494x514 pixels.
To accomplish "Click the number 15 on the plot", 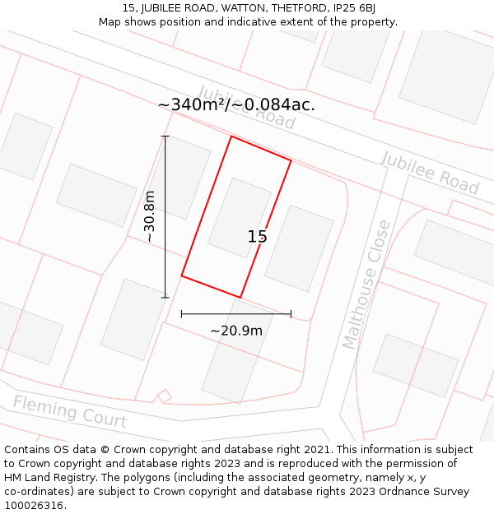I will pyautogui.click(x=257, y=237).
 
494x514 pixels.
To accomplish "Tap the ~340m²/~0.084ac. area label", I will pyautogui.click(x=236, y=104).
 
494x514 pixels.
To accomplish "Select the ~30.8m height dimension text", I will pyautogui.click(x=149, y=216).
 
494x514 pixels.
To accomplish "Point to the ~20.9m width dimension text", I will pyautogui.click(x=236, y=331).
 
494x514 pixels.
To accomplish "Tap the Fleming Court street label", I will pyautogui.click(x=70, y=411).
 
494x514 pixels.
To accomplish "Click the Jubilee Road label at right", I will pyautogui.click(x=430, y=173).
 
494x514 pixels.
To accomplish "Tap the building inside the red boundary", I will pyautogui.click(x=240, y=218).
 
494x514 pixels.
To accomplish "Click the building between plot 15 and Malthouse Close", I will pyautogui.click(x=299, y=248).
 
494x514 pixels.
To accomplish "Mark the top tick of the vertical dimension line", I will pyautogui.click(x=165, y=137).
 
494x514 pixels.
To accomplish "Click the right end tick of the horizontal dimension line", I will pyautogui.click(x=291, y=313).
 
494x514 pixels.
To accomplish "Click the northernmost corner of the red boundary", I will pyautogui.click(x=231, y=137).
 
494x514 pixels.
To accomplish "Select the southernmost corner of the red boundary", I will pyautogui.click(x=240, y=297).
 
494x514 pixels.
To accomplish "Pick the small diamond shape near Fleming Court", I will pyautogui.click(x=164, y=396).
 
